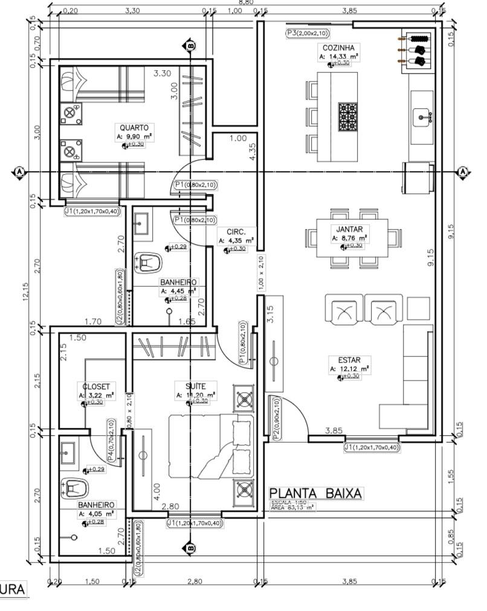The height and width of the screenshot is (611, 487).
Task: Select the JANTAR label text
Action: pos(349,230)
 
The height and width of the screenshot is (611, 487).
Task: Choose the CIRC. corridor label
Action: pos(236,231)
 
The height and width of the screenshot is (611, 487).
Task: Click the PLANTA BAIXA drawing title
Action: pos(316,493)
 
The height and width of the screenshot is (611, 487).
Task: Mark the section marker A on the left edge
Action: pos(20,172)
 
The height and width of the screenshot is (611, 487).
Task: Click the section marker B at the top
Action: pos(190,45)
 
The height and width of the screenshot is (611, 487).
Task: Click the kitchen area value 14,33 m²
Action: pos(338,56)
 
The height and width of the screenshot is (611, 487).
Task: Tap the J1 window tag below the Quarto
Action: pos(91,211)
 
